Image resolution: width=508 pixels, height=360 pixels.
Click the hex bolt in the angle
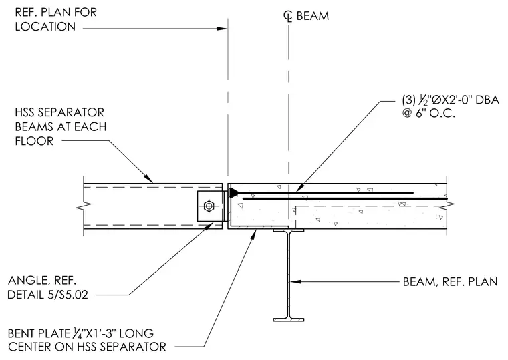[x=209, y=206]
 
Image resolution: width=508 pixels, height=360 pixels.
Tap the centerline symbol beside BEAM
[x=287, y=15]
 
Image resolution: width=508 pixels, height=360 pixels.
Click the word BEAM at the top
[x=313, y=16]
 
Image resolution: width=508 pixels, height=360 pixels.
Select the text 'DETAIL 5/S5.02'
[x=47, y=295]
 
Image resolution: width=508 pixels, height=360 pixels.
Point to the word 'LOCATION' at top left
[x=45, y=27]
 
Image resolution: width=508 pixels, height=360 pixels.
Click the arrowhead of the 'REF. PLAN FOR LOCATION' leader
[x=222, y=29]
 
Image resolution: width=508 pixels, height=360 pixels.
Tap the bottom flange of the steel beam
[x=288, y=319]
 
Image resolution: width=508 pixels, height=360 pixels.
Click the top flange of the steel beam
[x=288, y=230]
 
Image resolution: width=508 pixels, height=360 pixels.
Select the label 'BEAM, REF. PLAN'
[x=450, y=282]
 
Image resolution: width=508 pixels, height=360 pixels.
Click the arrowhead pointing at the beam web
[x=295, y=281]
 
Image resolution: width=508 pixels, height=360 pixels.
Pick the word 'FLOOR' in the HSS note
[x=34, y=141]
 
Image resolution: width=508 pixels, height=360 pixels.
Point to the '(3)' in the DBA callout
[x=408, y=100]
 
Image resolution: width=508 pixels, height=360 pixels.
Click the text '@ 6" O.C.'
[x=428, y=114]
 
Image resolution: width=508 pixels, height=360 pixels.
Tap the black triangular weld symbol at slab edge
[x=233, y=192]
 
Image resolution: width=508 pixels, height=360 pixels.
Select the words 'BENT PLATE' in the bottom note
[x=39, y=333]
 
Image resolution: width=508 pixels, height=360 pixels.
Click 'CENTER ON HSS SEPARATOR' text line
[x=87, y=347]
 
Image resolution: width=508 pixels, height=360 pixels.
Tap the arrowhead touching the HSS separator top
[x=148, y=178]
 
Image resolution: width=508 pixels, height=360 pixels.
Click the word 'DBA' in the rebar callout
[x=487, y=100]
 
